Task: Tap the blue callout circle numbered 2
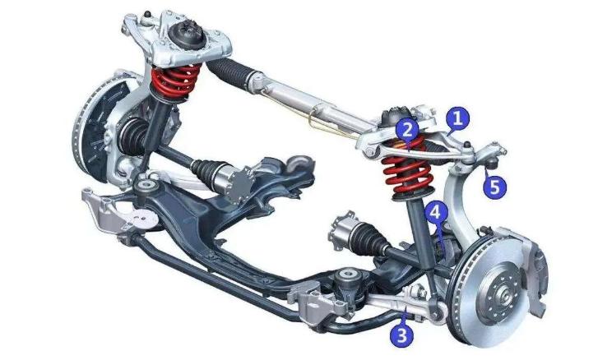point(407,130)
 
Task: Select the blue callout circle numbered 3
point(401,335)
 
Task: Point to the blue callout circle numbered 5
point(494,187)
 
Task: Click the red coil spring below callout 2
point(407,169)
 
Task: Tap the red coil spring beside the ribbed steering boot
point(175,82)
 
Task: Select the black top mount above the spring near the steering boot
point(188,35)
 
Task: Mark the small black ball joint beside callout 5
point(491,164)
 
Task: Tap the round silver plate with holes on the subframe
point(143,219)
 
